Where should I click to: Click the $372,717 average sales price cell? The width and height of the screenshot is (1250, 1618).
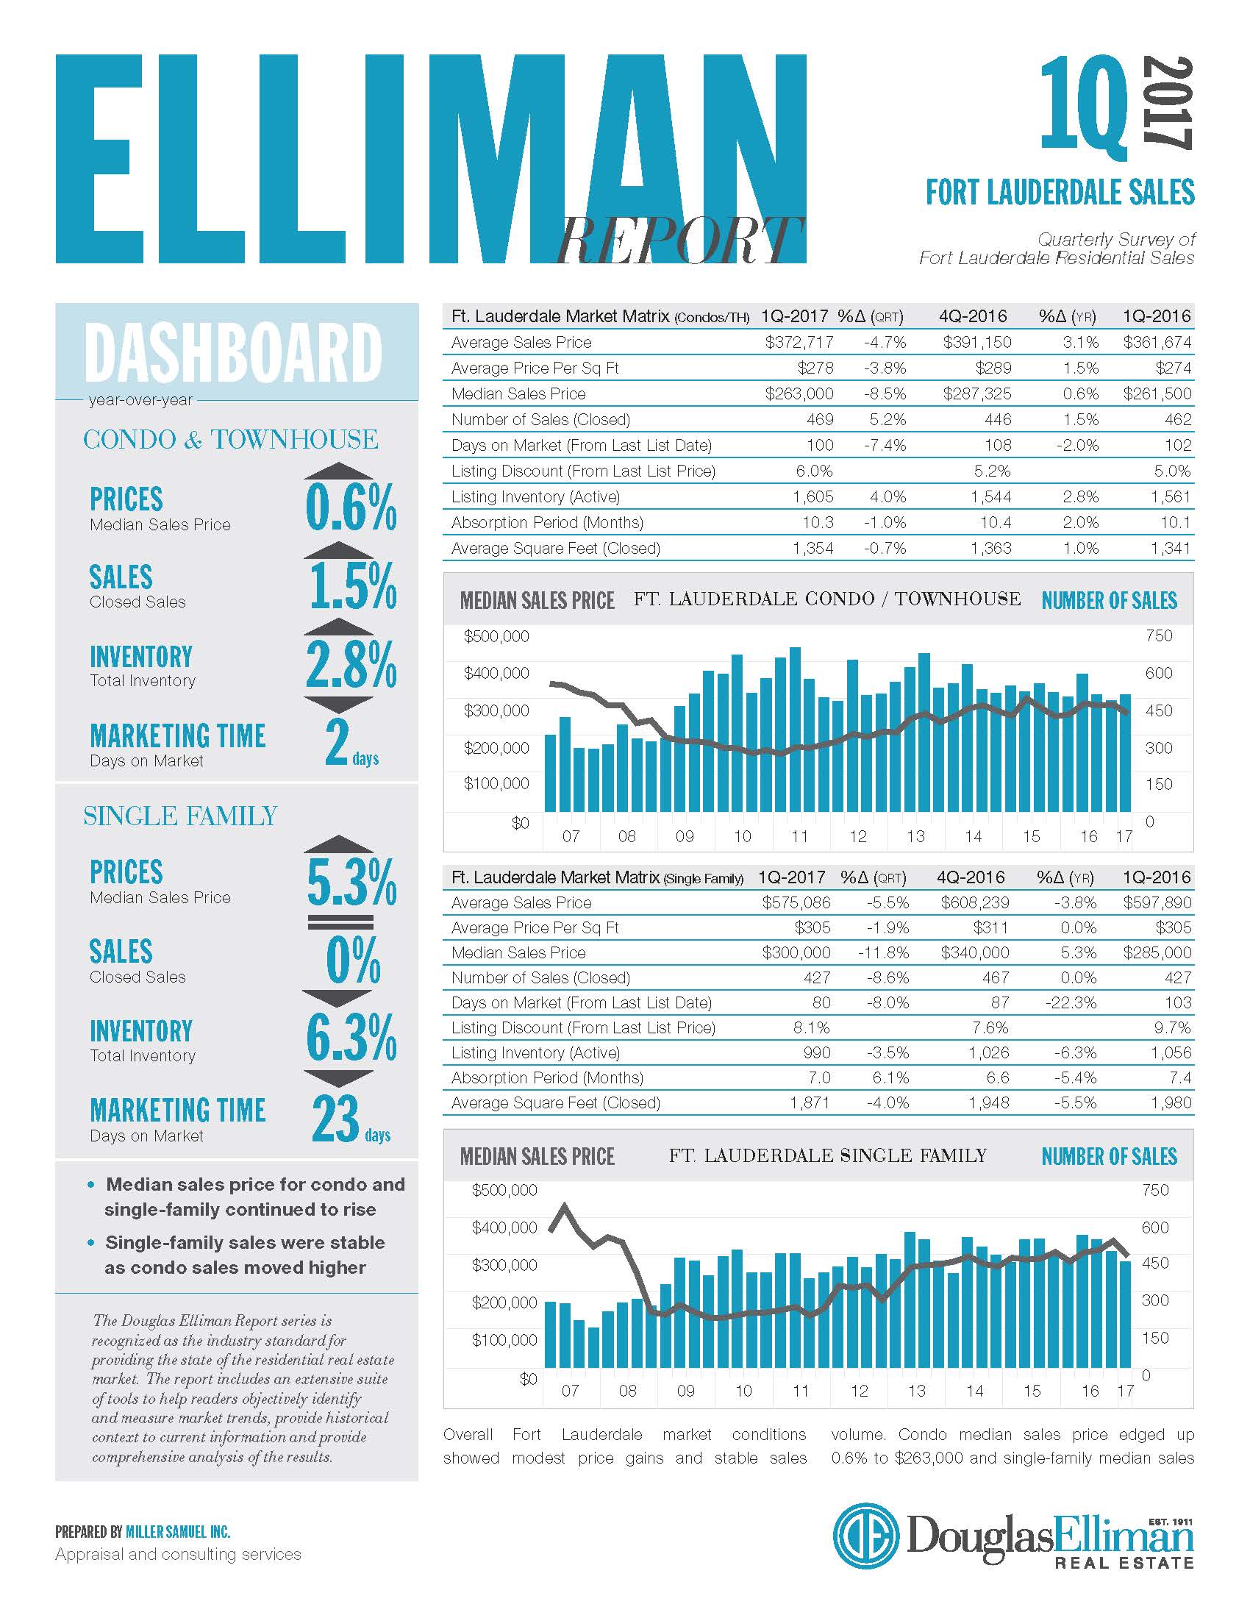click(x=799, y=342)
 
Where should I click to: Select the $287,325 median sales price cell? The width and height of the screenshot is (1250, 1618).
click(x=976, y=393)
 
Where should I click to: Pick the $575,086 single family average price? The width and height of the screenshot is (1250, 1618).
click(x=796, y=902)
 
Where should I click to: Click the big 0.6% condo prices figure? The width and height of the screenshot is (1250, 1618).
click(x=351, y=507)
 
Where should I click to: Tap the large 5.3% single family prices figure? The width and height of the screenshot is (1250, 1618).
click(x=351, y=882)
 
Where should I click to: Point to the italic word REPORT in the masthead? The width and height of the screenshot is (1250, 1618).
click(x=680, y=240)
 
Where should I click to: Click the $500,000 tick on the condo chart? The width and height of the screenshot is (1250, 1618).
click(x=496, y=636)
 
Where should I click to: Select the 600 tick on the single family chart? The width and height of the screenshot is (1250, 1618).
click(x=1155, y=1227)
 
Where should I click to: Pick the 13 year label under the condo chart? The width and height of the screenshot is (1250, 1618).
click(x=915, y=836)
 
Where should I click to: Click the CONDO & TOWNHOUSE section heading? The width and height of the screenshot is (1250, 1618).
click(x=230, y=439)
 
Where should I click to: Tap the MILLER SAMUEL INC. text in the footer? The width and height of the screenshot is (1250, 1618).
click(x=178, y=1531)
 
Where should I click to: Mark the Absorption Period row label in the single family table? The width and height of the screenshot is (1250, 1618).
click(x=547, y=1078)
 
